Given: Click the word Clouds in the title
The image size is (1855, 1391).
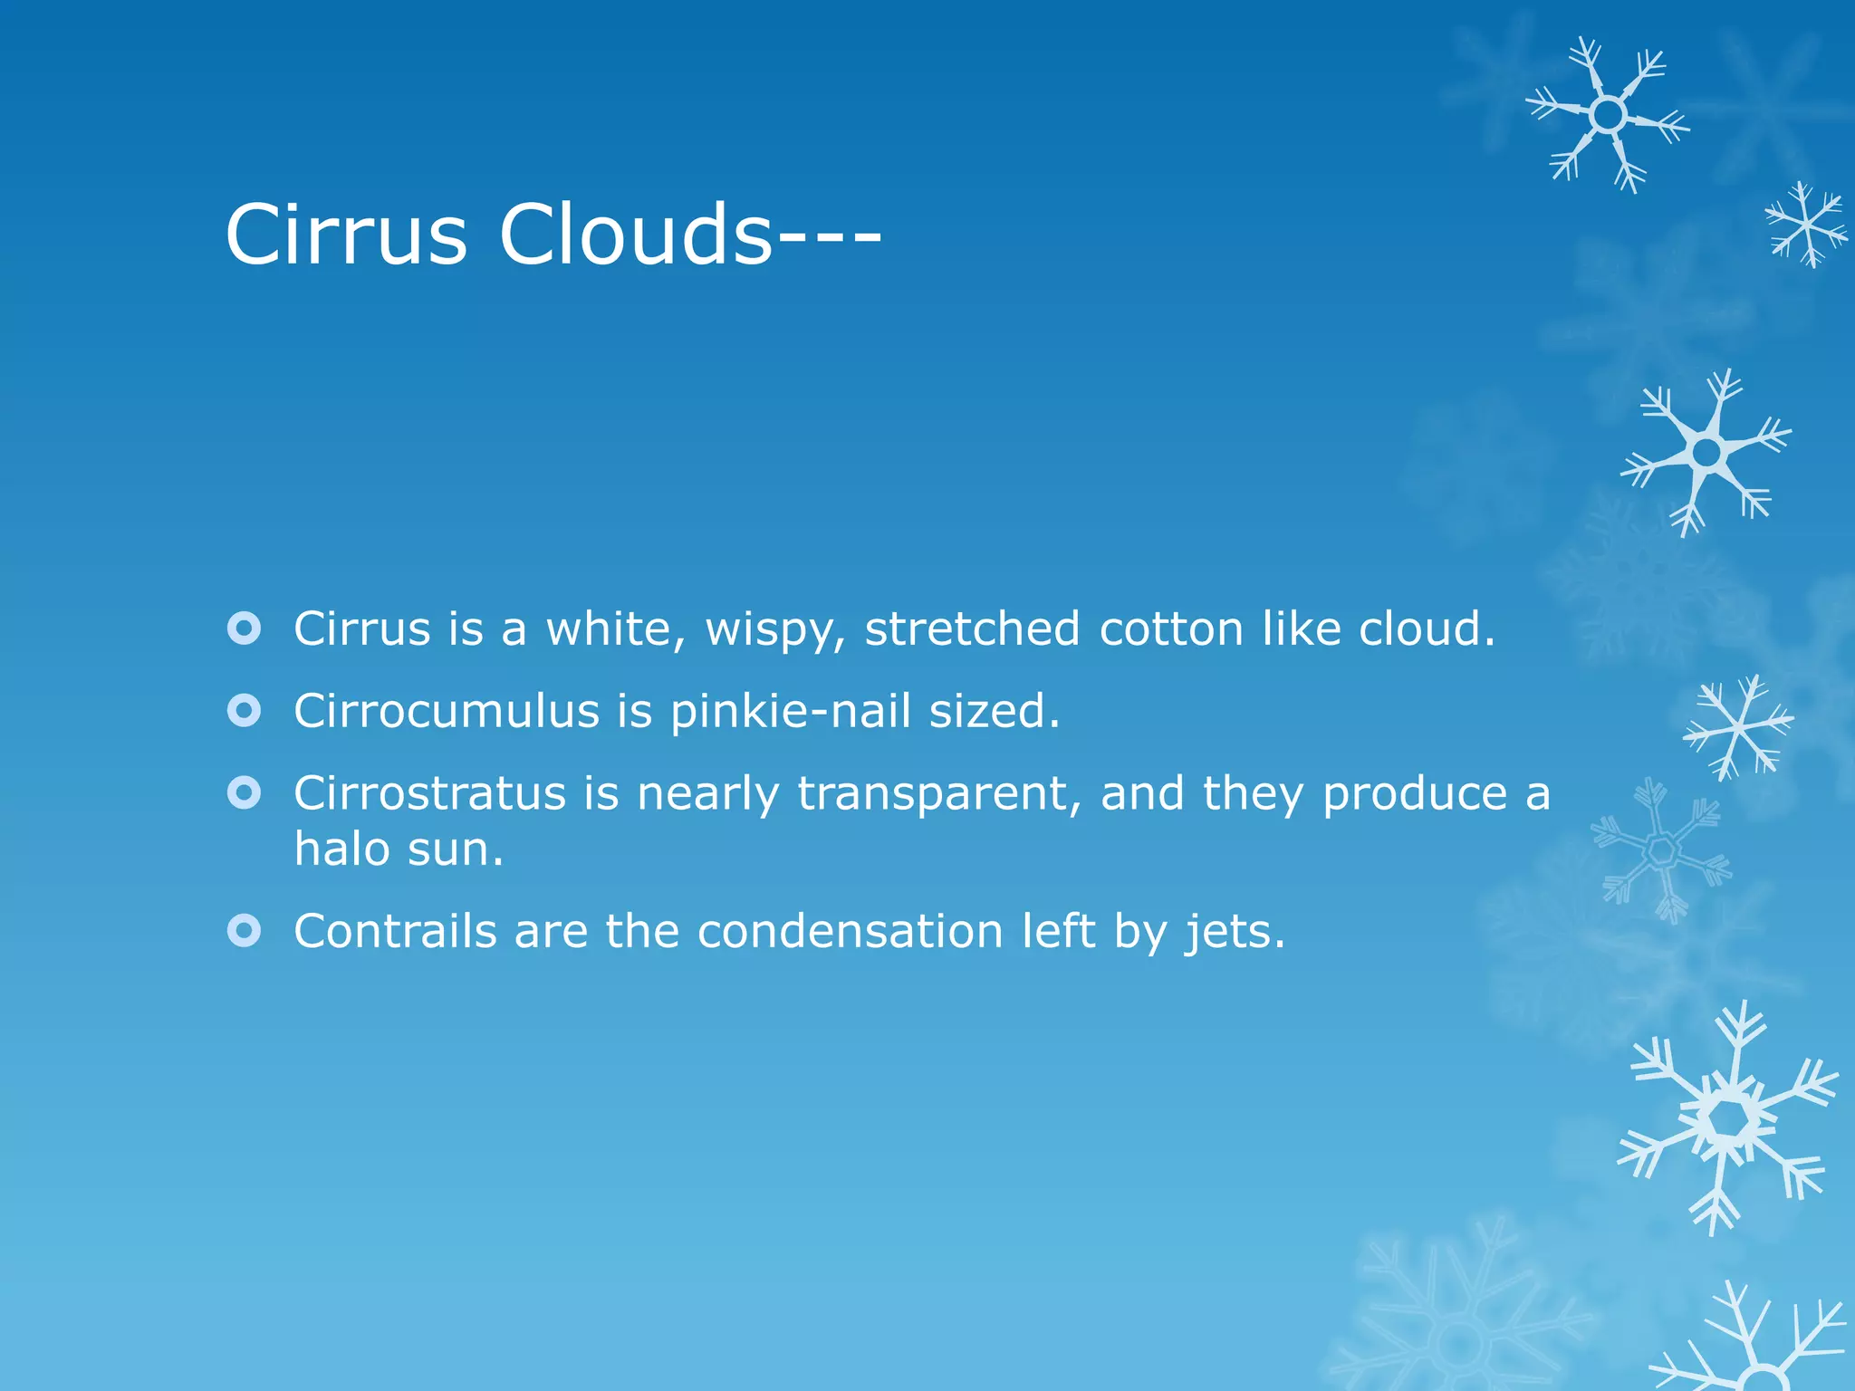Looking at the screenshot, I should [634, 235].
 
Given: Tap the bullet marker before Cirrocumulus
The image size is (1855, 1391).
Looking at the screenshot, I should [245, 711].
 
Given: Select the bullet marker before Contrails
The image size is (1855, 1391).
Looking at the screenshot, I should [245, 930].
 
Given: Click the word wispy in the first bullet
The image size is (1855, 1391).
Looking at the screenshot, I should [775, 629].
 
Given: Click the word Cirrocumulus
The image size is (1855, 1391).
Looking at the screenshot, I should [446, 711].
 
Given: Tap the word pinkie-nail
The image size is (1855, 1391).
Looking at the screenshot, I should [790, 711].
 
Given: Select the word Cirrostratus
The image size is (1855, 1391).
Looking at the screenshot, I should [429, 793].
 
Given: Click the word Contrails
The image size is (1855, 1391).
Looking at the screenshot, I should [395, 931].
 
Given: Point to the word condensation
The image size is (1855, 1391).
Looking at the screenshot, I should [850, 931].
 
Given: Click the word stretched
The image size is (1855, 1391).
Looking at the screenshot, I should [972, 628].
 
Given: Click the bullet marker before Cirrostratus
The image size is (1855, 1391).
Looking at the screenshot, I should [245, 793].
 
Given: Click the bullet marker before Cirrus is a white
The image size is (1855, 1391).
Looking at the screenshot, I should [245, 628].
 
